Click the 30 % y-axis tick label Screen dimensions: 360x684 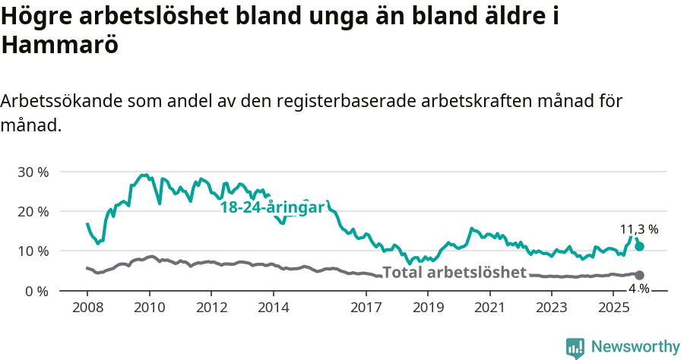(33, 172)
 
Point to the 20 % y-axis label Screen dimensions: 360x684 (33, 212)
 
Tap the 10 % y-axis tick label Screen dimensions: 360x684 (33, 251)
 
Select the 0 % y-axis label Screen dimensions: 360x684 (36, 291)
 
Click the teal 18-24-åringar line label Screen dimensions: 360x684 (272, 207)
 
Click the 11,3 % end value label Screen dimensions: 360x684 (639, 229)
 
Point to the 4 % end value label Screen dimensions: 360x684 (639, 289)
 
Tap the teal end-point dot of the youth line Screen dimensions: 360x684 (640, 246)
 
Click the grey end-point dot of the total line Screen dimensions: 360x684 (640, 275)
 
